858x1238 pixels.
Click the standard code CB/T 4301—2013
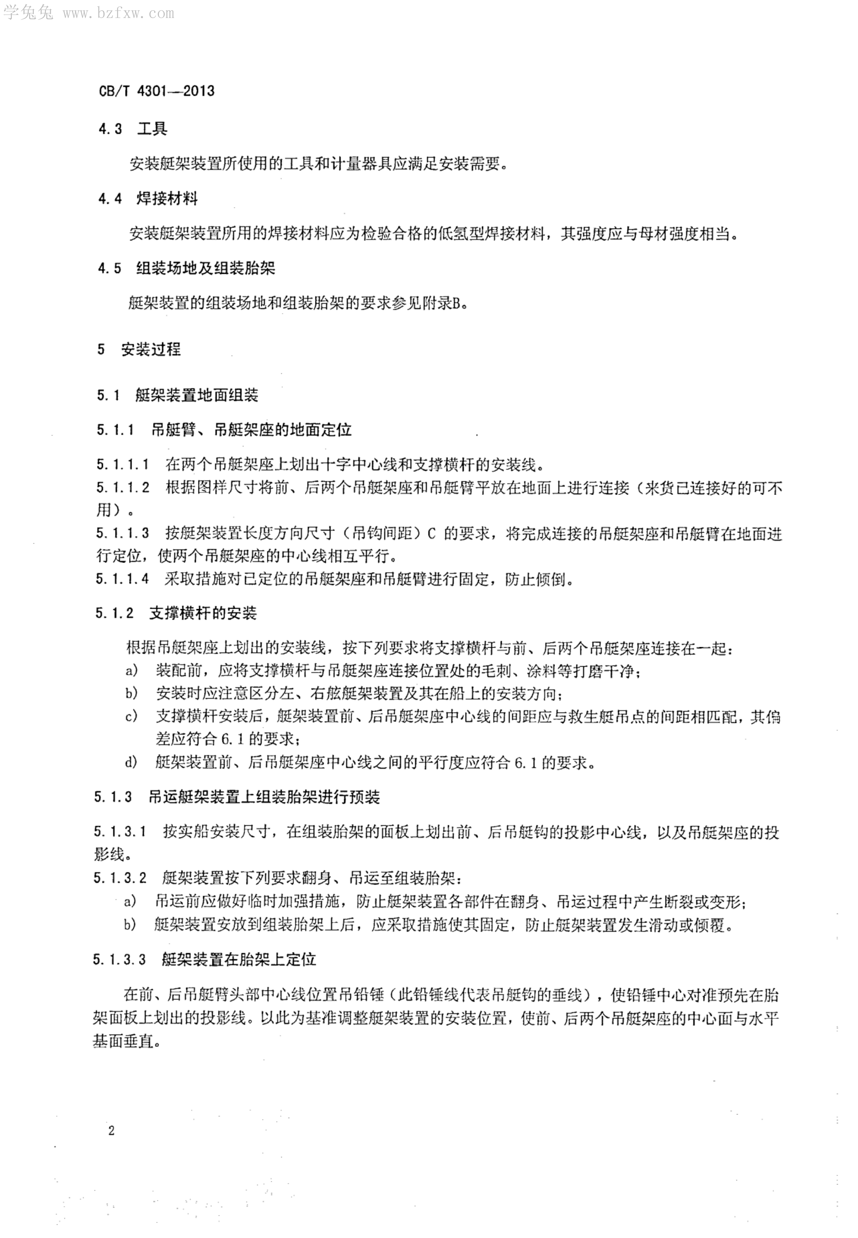[156, 91]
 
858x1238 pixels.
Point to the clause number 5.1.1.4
[123, 579]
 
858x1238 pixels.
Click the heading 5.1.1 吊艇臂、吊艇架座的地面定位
[224, 429]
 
